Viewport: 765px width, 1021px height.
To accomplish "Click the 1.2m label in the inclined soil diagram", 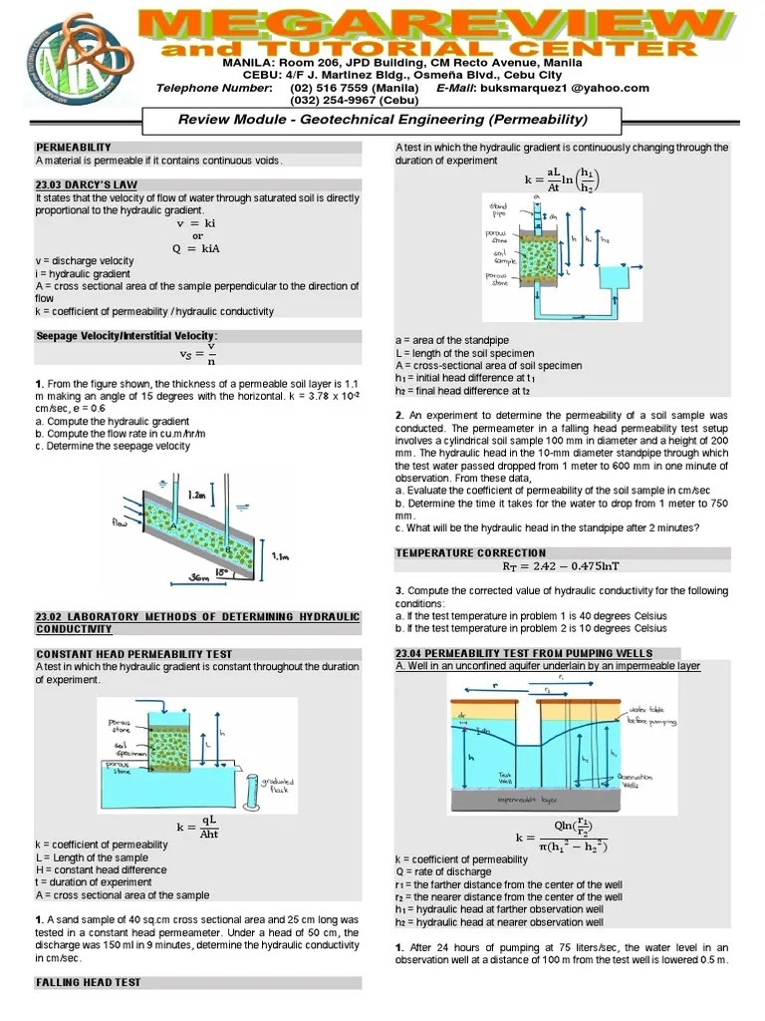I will click(x=200, y=494).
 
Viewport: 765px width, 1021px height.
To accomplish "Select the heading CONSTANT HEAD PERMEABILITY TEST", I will click(x=134, y=654).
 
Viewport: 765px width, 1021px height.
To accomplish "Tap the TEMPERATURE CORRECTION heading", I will click(x=471, y=552).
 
